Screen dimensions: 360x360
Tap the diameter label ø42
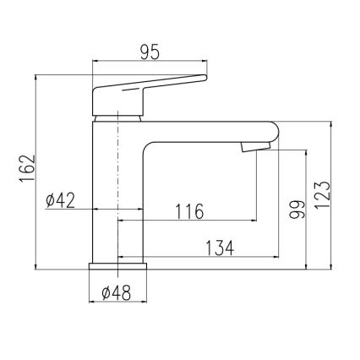point(61,200)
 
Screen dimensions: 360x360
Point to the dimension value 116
point(188,211)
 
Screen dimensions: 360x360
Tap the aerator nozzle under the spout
point(254,148)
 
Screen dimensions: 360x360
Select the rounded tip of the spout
point(272,133)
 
